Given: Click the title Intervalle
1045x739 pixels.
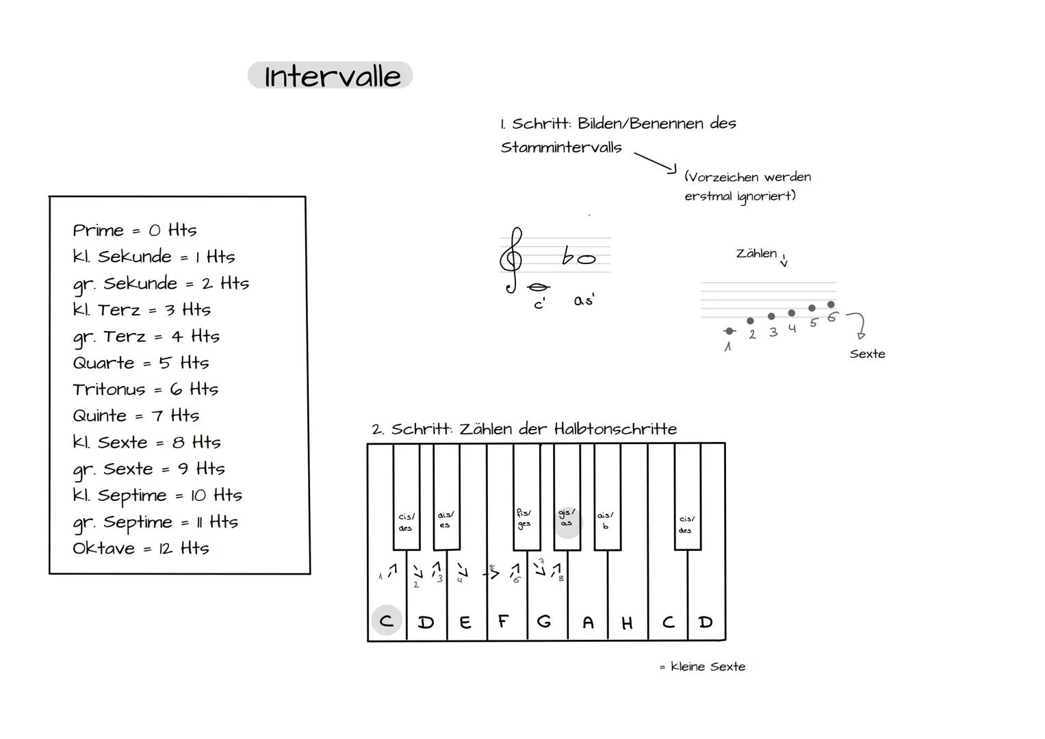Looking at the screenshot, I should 331,76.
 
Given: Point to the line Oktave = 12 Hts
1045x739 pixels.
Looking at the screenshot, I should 140,548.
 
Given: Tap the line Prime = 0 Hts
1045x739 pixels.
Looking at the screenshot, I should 134,230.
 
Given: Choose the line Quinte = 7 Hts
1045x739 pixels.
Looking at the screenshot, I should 136,415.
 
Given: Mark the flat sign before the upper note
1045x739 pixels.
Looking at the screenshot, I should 567,257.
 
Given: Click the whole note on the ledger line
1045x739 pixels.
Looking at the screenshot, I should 539,287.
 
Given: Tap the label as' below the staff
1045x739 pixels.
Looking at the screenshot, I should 584,300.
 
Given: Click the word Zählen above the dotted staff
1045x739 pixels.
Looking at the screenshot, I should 756,253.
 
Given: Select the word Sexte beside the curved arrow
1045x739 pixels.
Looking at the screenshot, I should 867,354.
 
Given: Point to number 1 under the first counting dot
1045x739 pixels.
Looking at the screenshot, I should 727,347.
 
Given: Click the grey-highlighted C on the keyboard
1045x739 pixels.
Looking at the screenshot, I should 387,621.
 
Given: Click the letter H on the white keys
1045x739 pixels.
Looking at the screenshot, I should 627,623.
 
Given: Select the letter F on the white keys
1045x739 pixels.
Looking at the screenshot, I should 504,621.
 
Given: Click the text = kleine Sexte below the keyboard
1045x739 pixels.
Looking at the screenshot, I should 702,666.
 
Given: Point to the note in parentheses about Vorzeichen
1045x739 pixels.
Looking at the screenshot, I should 747,186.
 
